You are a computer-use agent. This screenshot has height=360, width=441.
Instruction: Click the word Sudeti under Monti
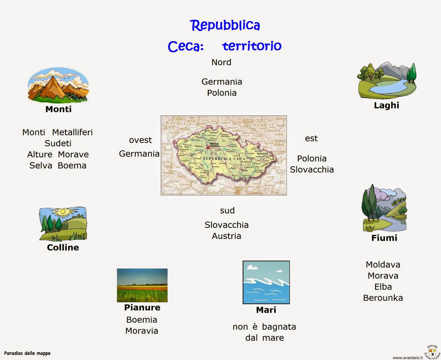[x=58, y=143]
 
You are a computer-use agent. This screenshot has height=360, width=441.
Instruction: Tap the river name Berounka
[x=383, y=298]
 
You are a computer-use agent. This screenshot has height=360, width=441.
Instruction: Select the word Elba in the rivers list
[x=383, y=287]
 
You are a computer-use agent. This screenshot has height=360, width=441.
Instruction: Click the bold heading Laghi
[x=386, y=105]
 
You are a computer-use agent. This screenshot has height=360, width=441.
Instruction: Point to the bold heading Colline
[x=63, y=247]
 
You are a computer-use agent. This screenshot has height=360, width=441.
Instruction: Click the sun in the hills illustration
[x=63, y=212]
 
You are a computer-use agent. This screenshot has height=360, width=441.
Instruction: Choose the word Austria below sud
[x=226, y=236]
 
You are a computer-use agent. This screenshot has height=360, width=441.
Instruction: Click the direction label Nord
[x=221, y=62]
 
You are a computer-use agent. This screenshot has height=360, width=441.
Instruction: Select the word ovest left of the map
[x=140, y=140]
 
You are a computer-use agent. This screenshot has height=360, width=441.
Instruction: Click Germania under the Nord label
[x=222, y=82]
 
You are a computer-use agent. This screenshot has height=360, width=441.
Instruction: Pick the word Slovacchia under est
[x=312, y=170]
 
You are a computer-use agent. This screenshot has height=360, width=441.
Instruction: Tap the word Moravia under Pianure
[x=142, y=331]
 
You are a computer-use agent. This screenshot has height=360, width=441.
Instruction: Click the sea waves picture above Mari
[x=266, y=282]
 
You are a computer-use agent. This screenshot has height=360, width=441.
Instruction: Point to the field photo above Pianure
[x=142, y=285]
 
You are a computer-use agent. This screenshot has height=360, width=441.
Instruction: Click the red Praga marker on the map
[x=208, y=148]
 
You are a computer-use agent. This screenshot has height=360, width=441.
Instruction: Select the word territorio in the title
[x=252, y=46]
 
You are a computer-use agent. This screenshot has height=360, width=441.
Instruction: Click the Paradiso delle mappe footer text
[x=27, y=353]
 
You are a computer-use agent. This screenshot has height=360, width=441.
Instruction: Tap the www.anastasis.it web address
[x=407, y=358]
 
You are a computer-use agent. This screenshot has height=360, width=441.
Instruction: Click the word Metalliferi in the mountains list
[x=72, y=132]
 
